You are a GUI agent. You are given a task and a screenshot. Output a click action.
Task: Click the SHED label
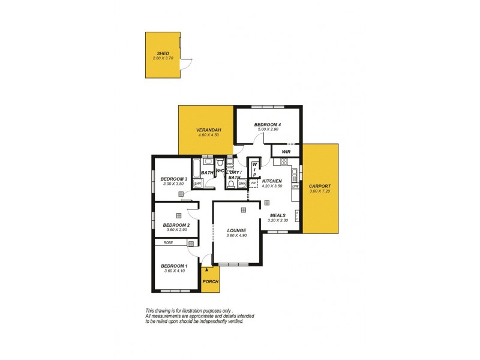(163, 53)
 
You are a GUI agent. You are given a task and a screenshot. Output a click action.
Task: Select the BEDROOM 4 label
(268, 125)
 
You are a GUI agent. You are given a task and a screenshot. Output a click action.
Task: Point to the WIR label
(286, 152)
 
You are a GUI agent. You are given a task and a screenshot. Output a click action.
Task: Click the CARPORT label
(320, 186)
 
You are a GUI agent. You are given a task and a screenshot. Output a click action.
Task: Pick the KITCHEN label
(272, 181)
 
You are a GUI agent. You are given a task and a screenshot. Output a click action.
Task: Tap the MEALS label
(278, 215)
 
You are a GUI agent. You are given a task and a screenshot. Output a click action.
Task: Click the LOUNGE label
(236, 230)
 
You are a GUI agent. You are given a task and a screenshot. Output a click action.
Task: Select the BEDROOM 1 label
(174, 266)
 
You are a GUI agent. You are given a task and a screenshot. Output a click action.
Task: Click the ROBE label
(168, 243)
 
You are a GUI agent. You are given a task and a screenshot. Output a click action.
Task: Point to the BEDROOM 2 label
(176, 225)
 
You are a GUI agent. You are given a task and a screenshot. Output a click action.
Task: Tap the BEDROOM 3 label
(174, 179)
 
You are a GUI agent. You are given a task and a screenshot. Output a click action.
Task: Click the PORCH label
(210, 282)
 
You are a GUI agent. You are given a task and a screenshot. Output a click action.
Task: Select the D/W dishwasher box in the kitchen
(295, 187)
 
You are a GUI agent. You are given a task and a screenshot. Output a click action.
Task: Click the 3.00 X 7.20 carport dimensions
(320, 191)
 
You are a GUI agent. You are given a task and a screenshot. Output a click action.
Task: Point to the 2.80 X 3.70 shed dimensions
(163, 58)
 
